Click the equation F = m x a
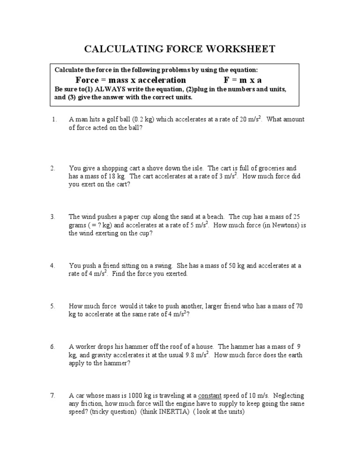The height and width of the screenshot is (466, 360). click(243, 80)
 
